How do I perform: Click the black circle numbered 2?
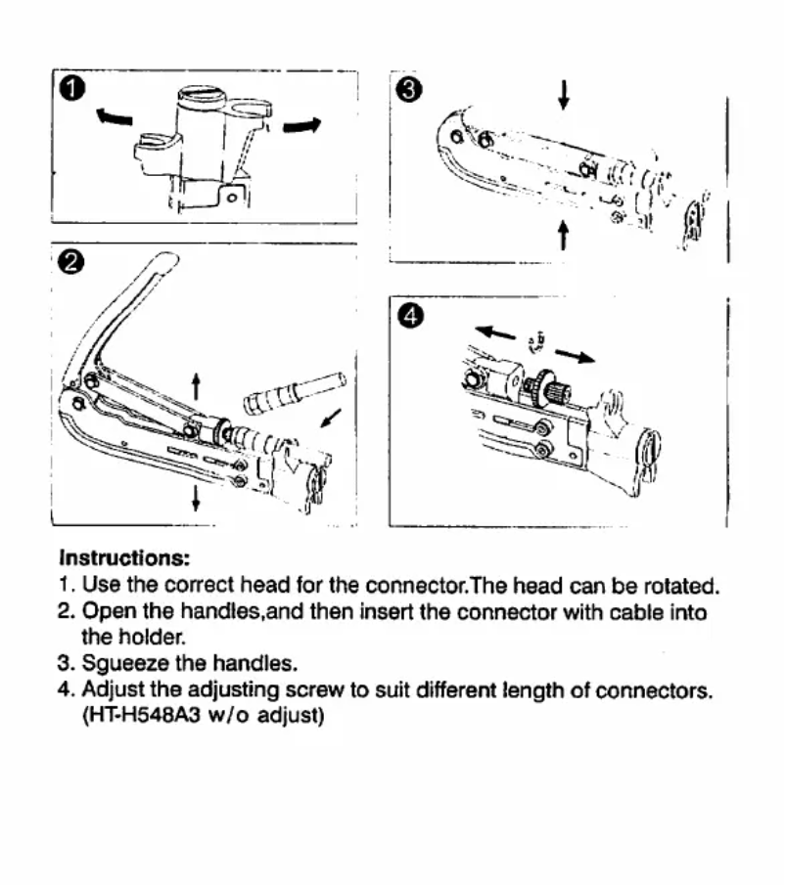[71, 262]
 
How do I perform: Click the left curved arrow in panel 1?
[115, 117]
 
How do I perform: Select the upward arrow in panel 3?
[563, 235]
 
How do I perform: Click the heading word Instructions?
[124, 559]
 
